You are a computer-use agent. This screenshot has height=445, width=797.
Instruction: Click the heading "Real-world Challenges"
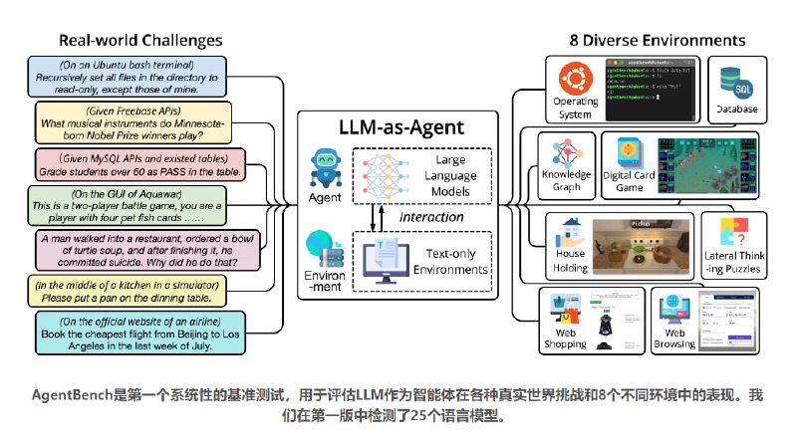[140, 41]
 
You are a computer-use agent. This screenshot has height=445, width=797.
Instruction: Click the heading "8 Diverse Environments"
[653, 41]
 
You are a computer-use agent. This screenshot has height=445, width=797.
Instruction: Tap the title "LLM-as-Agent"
[397, 126]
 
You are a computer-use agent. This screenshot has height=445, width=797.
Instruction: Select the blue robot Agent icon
[327, 162]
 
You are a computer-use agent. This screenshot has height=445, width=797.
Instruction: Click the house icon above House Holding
[571, 231]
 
